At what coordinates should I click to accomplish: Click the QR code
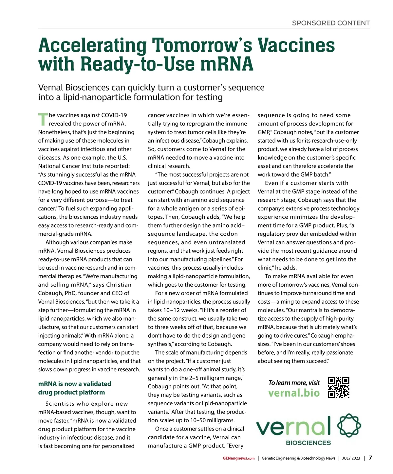339,387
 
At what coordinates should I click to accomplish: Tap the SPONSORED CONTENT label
331,23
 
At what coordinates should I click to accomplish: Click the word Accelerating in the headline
92,45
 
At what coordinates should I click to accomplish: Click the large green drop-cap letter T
43,119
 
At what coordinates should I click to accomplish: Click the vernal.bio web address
294,393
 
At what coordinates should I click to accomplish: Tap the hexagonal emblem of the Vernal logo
349,426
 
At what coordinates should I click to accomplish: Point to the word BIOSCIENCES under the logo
308,443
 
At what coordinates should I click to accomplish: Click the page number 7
370,458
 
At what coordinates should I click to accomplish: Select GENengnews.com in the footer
238,458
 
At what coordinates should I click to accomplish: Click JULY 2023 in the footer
351,458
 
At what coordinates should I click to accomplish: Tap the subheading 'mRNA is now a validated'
75,384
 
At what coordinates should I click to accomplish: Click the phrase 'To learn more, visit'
294,383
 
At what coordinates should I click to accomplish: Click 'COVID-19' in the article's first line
114,115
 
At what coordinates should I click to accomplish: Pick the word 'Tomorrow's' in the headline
202,45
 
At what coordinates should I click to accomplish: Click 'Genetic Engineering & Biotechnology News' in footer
298,458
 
